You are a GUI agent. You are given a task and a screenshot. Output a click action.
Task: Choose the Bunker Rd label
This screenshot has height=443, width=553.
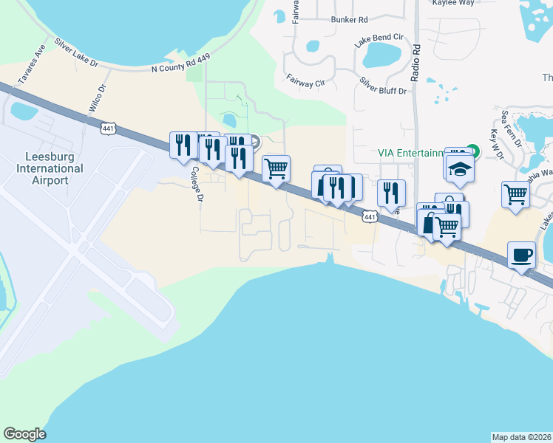click(x=350, y=20)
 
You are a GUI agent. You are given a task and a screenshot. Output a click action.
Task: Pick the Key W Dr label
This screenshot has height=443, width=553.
click(x=495, y=141)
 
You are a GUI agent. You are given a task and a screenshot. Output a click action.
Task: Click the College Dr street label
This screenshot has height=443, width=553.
click(x=196, y=185)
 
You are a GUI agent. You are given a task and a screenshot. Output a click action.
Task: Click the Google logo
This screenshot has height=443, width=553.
click(x=24, y=434)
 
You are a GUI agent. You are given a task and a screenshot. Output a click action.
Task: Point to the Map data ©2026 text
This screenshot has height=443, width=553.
click(x=522, y=437)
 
